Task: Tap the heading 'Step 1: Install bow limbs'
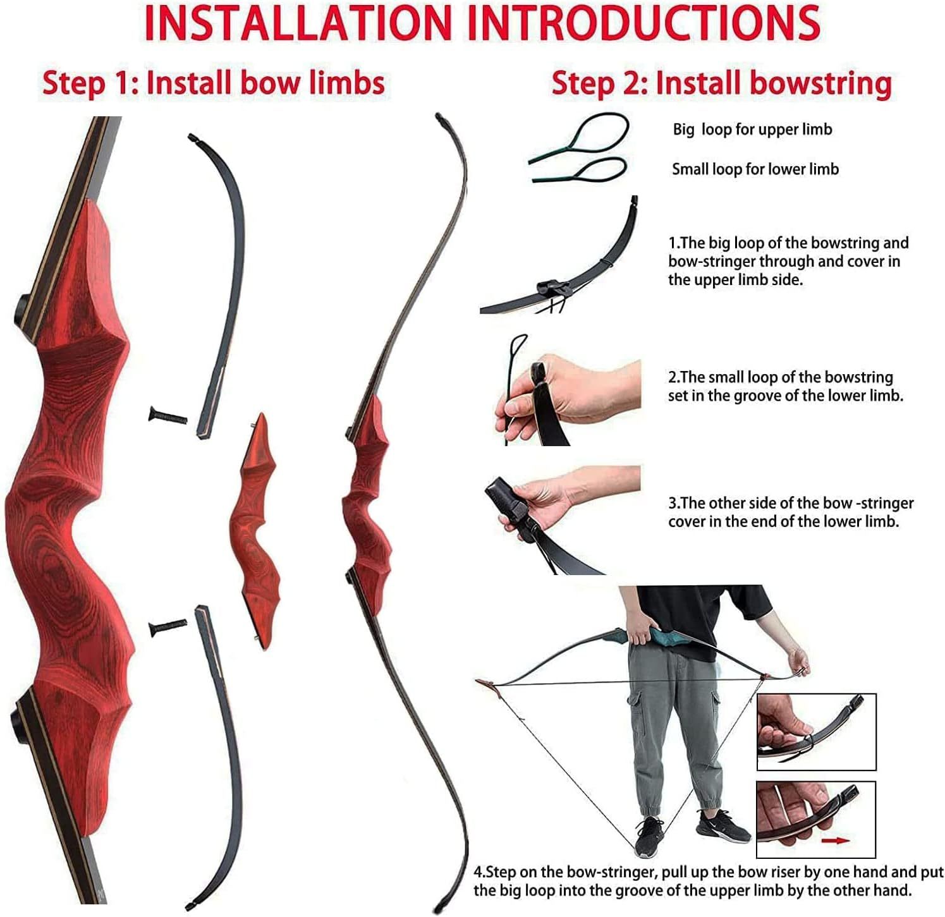[x=214, y=83]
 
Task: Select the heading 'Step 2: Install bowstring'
[x=721, y=83]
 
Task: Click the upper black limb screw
[x=168, y=415]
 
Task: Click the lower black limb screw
[x=168, y=626]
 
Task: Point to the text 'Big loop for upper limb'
[x=752, y=130]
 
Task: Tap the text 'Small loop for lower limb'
[x=755, y=169]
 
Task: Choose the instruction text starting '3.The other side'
[x=790, y=512]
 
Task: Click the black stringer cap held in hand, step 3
[x=506, y=502]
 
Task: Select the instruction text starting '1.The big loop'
[x=788, y=261]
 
